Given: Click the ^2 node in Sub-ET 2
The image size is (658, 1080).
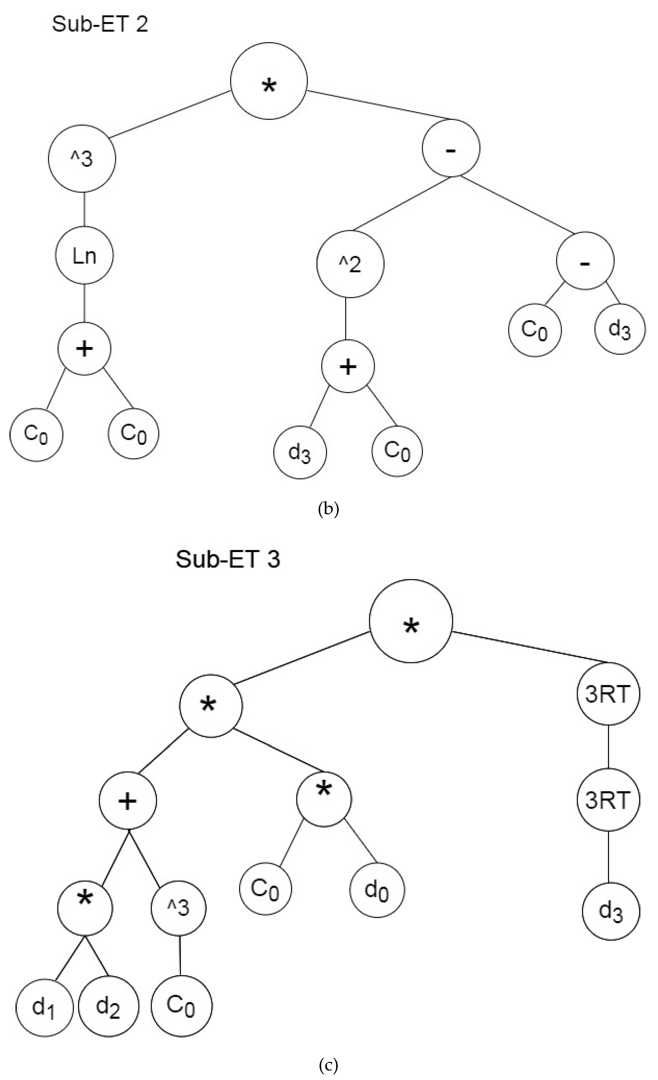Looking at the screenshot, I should click(x=350, y=264).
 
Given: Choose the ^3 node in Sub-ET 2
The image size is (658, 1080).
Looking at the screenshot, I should click(x=82, y=159).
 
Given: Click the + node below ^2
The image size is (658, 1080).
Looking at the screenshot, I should click(x=348, y=367).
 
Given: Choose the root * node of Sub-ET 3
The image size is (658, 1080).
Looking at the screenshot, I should click(x=410, y=621).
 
